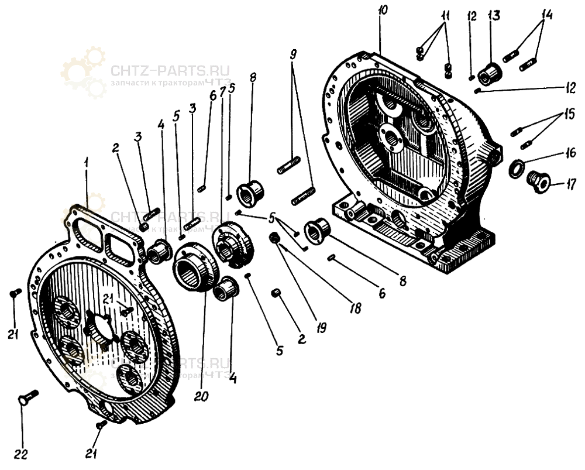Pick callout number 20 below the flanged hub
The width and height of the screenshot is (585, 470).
(x=201, y=397)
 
